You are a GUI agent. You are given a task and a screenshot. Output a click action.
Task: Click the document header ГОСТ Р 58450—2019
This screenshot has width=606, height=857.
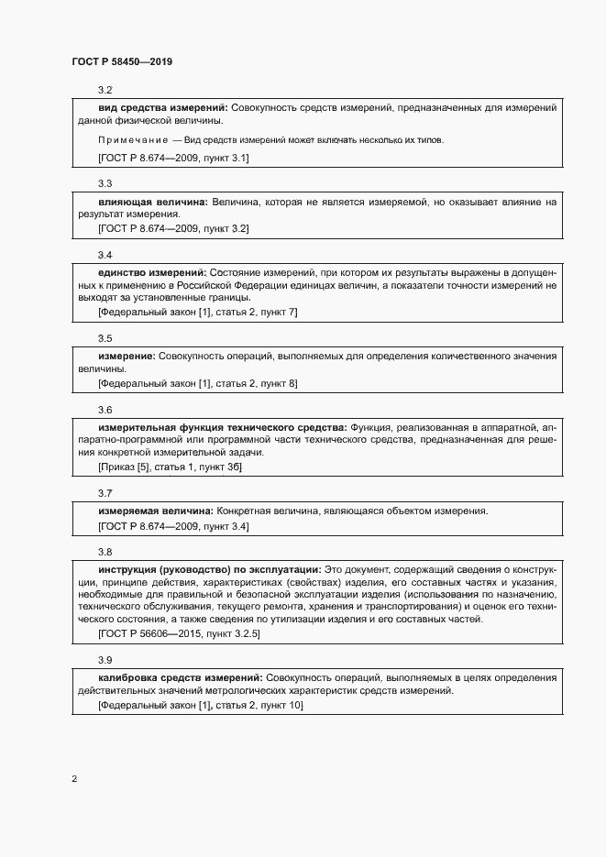coord(121,61)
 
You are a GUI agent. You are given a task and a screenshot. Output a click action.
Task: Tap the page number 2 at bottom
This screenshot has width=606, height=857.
coord(74,779)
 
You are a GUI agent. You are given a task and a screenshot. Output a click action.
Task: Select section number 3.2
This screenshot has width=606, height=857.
coord(105,90)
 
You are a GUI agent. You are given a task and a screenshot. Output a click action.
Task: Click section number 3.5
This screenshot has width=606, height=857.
coord(105,338)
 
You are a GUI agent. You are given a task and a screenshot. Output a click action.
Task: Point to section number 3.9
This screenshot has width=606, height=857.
coord(105,660)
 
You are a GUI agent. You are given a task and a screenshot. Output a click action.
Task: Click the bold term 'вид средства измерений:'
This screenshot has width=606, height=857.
coord(162,108)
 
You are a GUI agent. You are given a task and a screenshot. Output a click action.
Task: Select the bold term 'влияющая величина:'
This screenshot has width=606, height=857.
coord(153,201)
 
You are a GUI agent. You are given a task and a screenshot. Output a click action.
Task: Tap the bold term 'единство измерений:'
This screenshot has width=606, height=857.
coord(152,272)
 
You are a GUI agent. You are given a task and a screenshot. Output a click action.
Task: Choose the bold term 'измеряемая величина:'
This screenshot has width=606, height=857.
coord(156,511)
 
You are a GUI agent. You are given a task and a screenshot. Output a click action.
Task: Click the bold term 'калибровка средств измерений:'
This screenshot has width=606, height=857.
coord(180,677)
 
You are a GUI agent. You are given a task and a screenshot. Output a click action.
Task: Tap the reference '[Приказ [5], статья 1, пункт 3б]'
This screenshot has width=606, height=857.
coord(170,467)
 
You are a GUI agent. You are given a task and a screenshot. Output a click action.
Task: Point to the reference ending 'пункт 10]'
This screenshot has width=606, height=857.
coord(200,705)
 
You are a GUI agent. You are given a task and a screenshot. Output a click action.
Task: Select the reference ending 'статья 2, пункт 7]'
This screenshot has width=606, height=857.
coord(197,312)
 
